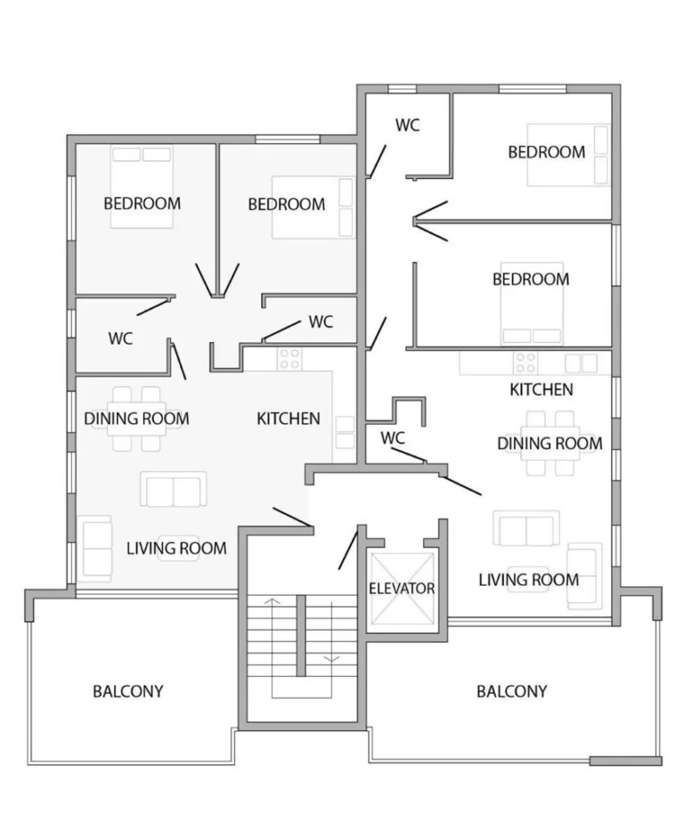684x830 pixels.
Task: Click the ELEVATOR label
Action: (402, 589)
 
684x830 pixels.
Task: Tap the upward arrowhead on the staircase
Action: (273, 602)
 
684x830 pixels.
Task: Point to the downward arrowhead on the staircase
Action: (333, 659)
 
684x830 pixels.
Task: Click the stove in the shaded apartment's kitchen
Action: (289, 359)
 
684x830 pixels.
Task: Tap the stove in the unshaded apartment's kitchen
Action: (525, 363)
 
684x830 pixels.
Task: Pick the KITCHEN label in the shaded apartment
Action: (288, 418)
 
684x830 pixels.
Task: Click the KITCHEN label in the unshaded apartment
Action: (541, 389)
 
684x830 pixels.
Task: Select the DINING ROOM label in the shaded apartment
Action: (136, 418)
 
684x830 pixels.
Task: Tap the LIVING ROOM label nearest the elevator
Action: (528, 580)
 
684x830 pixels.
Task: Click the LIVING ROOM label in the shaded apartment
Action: (176, 548)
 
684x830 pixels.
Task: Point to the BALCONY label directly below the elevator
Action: (511, 691)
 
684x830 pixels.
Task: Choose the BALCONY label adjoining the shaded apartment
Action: (128, 691)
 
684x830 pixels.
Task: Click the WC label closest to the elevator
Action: (393, 438)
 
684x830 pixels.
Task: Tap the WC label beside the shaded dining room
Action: (121, 338)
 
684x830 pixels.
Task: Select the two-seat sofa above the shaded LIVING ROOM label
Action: (173, 490)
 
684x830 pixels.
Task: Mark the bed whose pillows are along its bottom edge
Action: (531, 304)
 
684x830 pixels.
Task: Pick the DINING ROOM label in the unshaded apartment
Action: (550, 443)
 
